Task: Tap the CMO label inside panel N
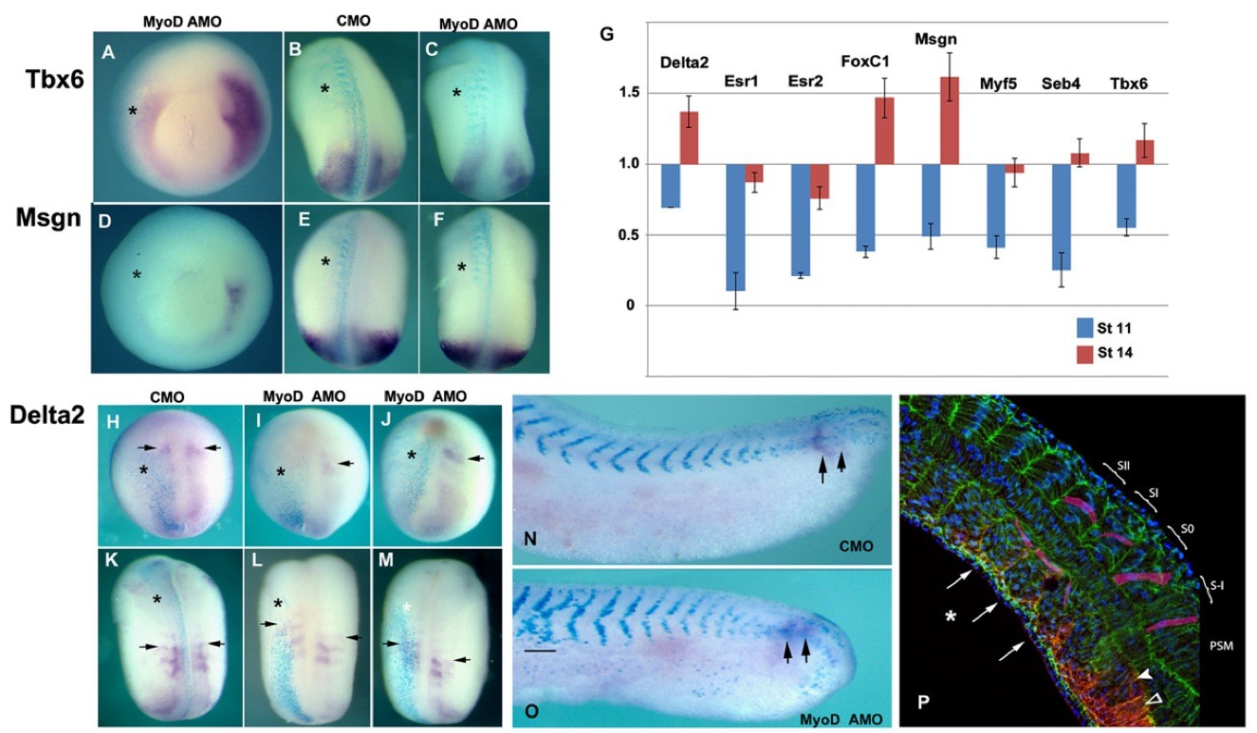(x=855, y=545)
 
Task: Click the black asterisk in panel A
(x=133, y=111)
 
